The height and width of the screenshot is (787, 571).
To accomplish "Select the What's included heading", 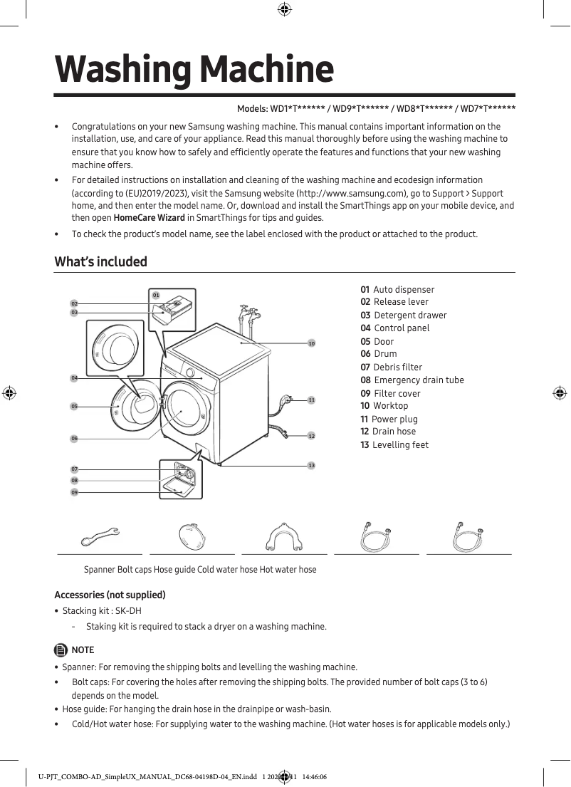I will pyautogui.click(x=101, y=261).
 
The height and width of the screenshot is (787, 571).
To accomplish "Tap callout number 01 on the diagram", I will pyautogui.click(x=156, y=294).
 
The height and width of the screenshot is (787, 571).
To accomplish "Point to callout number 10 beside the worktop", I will pyautogui.click(x=311, y=343).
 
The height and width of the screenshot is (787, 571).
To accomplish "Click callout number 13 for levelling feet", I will pyautogui.click(x=311, y=465).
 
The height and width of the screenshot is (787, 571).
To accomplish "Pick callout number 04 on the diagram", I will pyautogui.click(x=74, y=377).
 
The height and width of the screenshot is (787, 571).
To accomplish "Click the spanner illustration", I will pyautogui.click(x=100, y=536).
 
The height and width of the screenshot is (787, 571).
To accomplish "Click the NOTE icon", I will pyautogui.click(x=61, y=650).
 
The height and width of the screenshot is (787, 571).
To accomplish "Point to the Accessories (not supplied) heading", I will pyautogui.click(x=110, y=595).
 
